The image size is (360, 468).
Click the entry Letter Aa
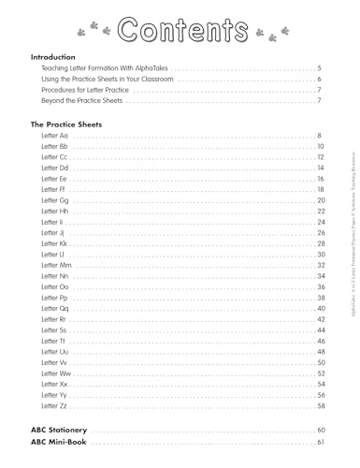coord(54,137)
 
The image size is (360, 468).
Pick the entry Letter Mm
coord(57,266)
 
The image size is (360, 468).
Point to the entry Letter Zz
coord(54,406)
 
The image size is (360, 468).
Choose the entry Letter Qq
coord(55,309)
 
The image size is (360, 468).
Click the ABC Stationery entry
coord(65,430)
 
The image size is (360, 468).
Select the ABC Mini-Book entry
coord(64,442)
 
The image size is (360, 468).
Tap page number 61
coord(320,442)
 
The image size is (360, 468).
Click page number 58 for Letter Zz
coord(320,406)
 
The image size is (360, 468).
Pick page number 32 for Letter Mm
coord(320,266)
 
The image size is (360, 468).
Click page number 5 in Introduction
coord(320,70)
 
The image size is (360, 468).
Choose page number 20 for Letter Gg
coord(320,201)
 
